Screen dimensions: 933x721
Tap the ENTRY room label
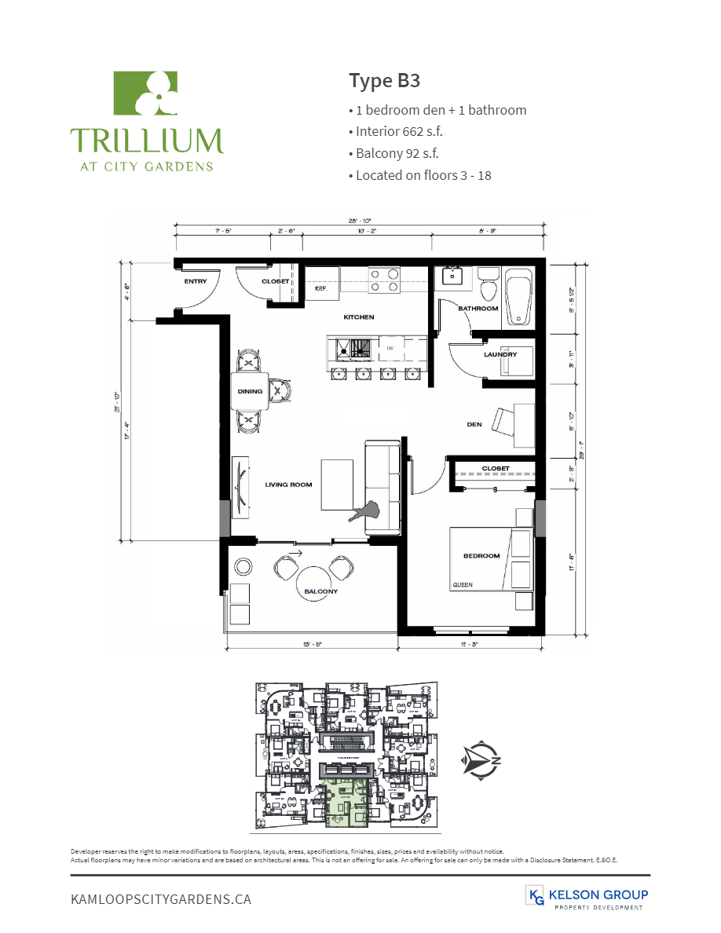pos(196,280)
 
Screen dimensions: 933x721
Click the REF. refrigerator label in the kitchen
pos(320,288)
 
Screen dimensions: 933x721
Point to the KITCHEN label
pos(358,317)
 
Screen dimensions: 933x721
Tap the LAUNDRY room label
pos(500,354)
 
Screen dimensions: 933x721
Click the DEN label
pos(474,424)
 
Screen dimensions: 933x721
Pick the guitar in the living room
pos(366,511)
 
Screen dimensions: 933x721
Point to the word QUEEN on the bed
pos(463,585)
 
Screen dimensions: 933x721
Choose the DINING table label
pos(250,391)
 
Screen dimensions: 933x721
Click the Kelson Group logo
pos(586,898)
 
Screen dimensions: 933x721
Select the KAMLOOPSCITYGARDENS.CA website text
pos(161,898)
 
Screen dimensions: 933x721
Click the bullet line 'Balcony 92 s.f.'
pos(397,153)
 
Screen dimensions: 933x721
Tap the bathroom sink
pos(453,276)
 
